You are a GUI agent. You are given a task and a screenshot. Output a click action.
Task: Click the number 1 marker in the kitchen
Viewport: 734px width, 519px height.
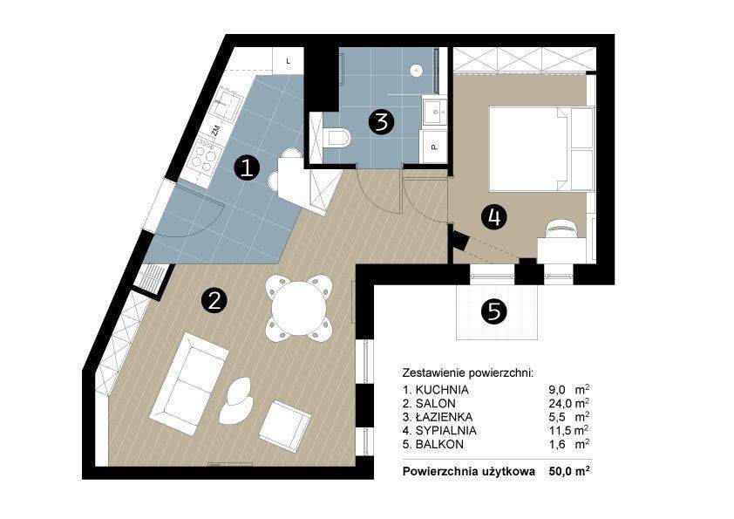click(x=247, y=168)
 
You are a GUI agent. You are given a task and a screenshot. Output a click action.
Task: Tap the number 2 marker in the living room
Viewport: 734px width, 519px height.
click(x=214, y=300)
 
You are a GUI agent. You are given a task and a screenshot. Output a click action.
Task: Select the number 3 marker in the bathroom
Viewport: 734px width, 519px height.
click(x=382, y=122)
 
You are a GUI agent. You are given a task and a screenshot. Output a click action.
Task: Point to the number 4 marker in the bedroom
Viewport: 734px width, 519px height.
click(x=494, y=217)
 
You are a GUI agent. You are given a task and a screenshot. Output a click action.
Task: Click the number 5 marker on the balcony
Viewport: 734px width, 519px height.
click(x=494, y=311)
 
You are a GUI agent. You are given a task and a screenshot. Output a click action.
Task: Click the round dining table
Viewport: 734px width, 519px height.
click(x=299, y=308)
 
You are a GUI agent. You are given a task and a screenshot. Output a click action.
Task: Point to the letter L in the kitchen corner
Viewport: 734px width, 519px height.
click(x=289, y=61)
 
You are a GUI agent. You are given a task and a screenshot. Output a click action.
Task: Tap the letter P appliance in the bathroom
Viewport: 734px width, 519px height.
click(x=434, y=147)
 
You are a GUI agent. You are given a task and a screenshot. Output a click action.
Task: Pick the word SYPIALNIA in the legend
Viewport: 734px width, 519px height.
click(x=445, y=431)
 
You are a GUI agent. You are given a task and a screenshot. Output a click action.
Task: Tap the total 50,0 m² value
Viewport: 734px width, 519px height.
click(x=568, y=471)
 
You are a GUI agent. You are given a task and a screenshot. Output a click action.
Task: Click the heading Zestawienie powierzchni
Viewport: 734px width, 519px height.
click(x=467, y=373)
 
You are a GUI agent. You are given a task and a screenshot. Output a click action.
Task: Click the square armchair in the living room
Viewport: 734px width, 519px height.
click(x=285, y=426)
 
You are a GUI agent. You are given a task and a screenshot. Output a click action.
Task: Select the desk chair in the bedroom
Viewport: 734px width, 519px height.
click(x=561, y=228)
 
